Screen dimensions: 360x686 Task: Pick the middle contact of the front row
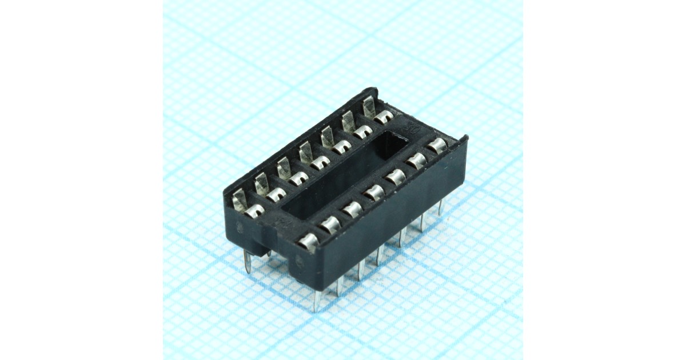click(374, 193)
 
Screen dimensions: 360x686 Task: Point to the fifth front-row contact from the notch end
click(395, 178)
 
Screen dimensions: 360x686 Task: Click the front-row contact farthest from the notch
click(437, 145)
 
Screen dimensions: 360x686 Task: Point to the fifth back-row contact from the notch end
click(341, 148)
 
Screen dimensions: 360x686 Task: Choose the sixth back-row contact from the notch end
click(362, 133)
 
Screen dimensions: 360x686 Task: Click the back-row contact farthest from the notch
click(382, 117)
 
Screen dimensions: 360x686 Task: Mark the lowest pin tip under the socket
click(316, 309)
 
